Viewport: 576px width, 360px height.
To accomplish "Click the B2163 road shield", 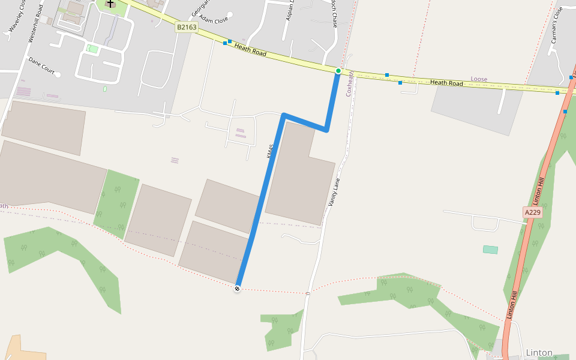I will click(187, 27).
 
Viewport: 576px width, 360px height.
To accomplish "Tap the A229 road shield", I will click(533, 212).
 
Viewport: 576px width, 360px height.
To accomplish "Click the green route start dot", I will click(338, 71).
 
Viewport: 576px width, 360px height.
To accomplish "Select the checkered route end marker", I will click(238, 289).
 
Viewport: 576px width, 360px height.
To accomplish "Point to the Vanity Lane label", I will click(334, 193).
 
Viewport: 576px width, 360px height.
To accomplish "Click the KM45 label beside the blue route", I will click(271, 151).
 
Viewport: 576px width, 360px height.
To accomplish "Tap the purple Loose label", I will click(479, 79).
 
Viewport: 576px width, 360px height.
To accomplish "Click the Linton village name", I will click(539, 353).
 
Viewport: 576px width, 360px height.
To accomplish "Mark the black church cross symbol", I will click(110, 4).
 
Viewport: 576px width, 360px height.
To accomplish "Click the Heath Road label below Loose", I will click(446, 83).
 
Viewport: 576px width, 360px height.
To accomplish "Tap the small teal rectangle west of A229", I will click(490, 250).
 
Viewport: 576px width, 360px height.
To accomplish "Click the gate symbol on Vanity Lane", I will click(308, 293).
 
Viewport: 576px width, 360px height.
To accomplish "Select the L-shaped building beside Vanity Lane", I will click(299, 173).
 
